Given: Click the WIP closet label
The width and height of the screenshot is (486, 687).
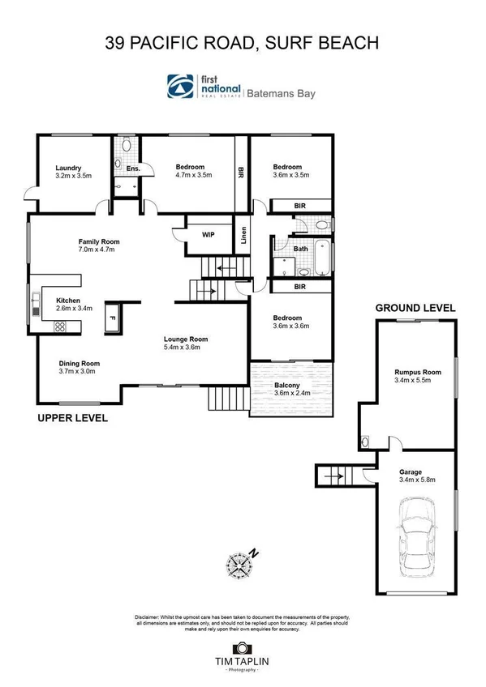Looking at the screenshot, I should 207,235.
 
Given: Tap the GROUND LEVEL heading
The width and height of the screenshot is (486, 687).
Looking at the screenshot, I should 415,308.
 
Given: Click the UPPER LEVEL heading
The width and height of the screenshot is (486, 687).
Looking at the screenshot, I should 72,419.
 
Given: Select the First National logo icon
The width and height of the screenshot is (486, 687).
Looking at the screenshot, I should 181,86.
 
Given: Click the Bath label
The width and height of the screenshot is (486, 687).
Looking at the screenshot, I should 300,250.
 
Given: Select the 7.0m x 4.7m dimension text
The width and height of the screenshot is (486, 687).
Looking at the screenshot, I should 97,250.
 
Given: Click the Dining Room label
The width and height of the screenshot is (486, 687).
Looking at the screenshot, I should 79,363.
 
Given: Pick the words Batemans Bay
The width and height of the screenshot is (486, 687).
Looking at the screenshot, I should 283,93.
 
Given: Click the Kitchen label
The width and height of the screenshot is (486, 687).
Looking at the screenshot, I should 67,300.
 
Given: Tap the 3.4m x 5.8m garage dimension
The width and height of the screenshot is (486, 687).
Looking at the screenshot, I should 417,480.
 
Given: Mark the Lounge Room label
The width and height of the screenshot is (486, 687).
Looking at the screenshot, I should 186,339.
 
